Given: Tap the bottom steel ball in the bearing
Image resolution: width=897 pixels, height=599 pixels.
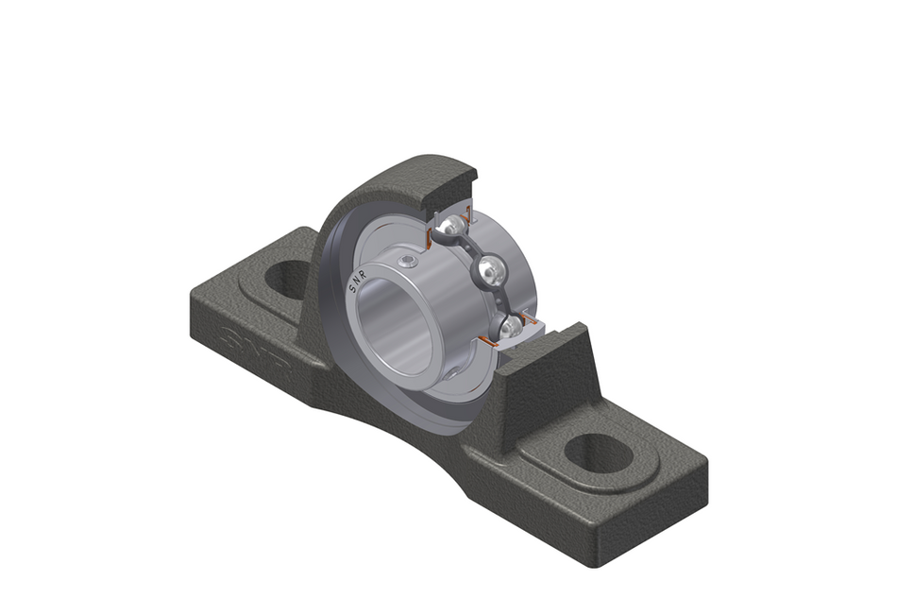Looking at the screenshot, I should point(511,327).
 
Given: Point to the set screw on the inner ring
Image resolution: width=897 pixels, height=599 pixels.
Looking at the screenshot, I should point(407,261).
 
